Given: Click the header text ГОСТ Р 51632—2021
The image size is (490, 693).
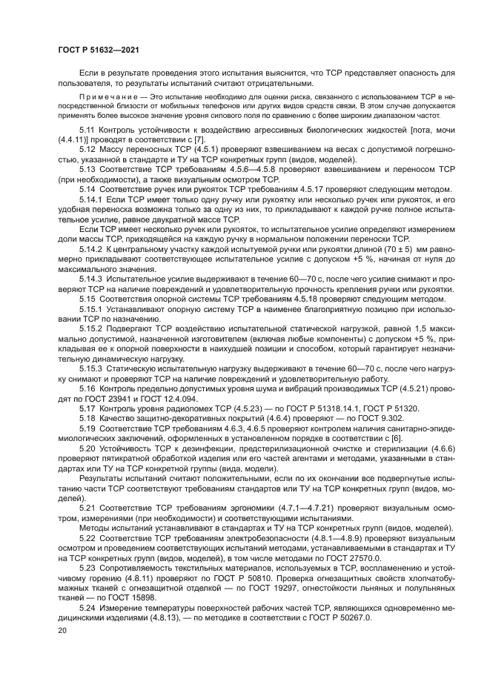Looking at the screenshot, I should (x=99, y=49).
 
